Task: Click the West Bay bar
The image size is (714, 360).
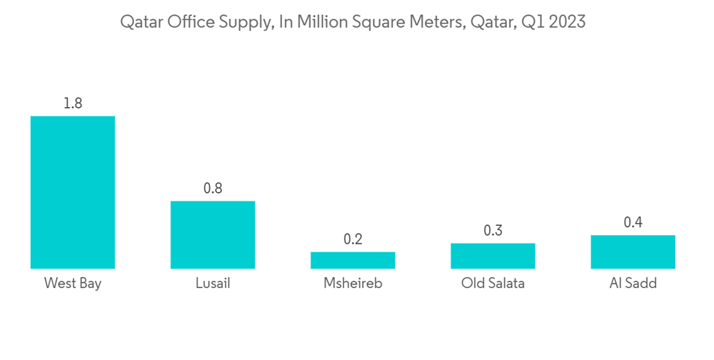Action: pos(72,192)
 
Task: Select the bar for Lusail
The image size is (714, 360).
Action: pos(212,234)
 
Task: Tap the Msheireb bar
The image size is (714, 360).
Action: pos(353,260)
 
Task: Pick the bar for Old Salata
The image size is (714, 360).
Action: pos(493,256)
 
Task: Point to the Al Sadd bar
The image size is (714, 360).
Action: pos(633,251)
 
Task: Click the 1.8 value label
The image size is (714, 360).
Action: pos(72,104)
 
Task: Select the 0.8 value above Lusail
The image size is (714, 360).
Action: pos(213,189)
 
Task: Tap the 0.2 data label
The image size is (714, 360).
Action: pos(353,239)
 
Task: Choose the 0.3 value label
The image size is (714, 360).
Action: pos(493,231)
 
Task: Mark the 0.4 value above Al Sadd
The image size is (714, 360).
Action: pos(633,223)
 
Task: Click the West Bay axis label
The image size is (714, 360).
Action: pos(72,284)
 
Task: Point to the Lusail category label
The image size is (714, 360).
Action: pos(213,284)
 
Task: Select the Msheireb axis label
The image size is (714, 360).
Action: pos(353,284)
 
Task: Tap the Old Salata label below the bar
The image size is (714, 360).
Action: pos(493,284)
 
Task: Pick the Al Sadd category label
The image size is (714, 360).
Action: pos(633,284)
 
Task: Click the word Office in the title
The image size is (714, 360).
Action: pos(189,22)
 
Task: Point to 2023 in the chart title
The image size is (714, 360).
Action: pos(566,22)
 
